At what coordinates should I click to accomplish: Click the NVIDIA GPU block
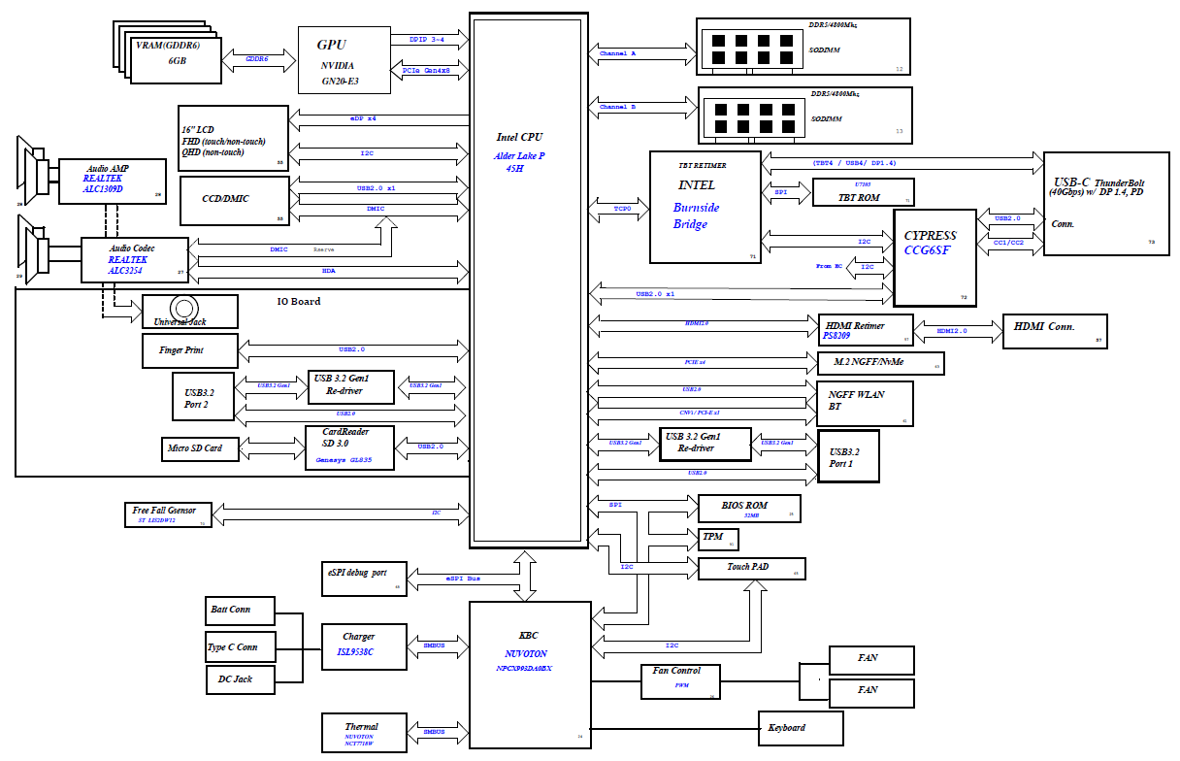(x=344, y=60)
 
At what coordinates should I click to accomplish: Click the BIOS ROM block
(x=749, y=508)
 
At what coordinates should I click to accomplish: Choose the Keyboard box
(x=800, y=727)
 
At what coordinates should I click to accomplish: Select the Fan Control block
(x=682, y=681)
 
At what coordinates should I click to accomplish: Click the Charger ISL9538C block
(x=363, y=645)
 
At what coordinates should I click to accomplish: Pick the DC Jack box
(x=241, y=678)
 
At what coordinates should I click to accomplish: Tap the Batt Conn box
(x=241, y=611)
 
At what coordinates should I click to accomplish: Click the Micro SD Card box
(x=199, y=448)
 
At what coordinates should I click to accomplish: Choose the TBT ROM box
(x=862, y=192)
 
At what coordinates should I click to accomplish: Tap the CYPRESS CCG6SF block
(x=934, y=256)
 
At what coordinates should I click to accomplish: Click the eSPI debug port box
(x=363, y=578)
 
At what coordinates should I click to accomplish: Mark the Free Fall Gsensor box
(x=168, y=514)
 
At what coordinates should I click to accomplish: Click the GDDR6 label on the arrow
(x=257, y=58)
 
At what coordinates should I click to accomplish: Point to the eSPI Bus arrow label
(x=463, y=579)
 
